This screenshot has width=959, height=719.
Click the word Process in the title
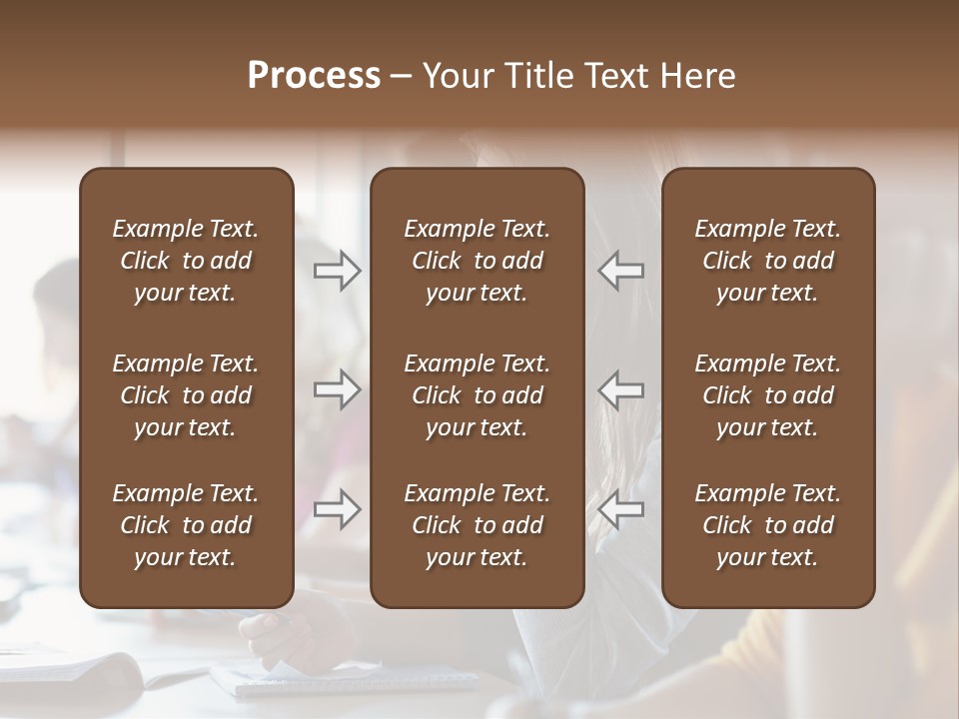pyautogui.click(x=314, y=76)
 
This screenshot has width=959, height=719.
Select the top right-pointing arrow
pyautogui.click(x=337, y=271)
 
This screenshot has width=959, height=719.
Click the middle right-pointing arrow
pyautogui.click(x=337, y=389)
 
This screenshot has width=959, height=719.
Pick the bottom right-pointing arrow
pyautogui.click(x=337, y=509)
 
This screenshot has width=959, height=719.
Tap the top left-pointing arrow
pyautogui.click(x=620, y=271)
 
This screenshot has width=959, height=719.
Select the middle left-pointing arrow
pyautogui.click(x=620, y=389)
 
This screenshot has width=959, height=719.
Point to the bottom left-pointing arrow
pyautogui.click(x=620, y=509)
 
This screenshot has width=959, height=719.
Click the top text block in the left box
pyautogui.click(x=186, y=261)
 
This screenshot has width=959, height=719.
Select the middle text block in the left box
pyautogui.click(x=186, y=395)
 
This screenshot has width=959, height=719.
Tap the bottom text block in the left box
pyautogui.click(x=186, y=525)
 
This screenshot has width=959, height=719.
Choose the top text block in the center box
pyautogui.click(x=477, y=261)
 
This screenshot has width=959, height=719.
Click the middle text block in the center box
pyautogui.click(x=477, y=395)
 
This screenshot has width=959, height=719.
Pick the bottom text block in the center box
pyautogui.click(x=477, y=525)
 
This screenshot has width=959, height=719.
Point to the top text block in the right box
pyautogui.click(x=767, y=261)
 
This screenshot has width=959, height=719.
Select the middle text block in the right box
pyautogui.click(x=767, y=395)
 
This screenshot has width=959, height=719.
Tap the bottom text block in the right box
pyautogui.click(x=767, y=525)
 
